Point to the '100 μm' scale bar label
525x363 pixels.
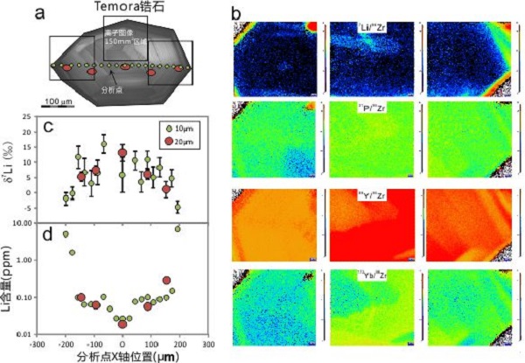click(59, 101)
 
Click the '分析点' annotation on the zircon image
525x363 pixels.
click(116, 87)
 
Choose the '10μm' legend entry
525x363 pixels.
click(184, 129)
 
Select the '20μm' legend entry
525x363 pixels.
click(184, 143)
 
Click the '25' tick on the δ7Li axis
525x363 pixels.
click(26, 117)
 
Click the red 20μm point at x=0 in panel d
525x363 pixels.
click(122, 325)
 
